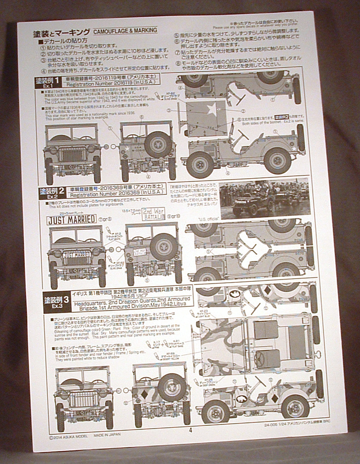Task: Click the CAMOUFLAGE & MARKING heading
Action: pos(125,30)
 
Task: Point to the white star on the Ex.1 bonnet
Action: pos(211,109)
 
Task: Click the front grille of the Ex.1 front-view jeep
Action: pos(72,155)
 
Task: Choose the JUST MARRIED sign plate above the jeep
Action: pos(71,219)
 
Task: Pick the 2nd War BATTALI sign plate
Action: pos(153,213)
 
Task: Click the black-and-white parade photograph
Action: pos(264,199)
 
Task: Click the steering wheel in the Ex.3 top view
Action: pos(260,359)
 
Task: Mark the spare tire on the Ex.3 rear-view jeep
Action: pos(171,387)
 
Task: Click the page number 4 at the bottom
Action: pos(190,430)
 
